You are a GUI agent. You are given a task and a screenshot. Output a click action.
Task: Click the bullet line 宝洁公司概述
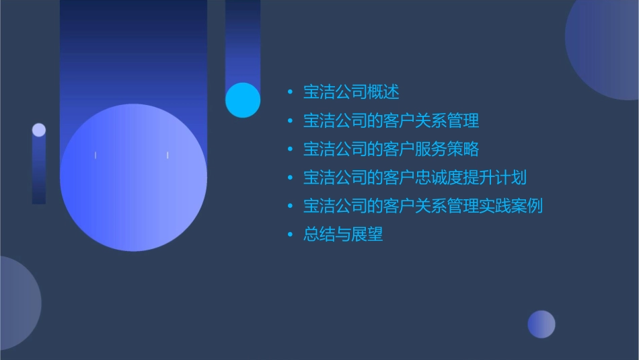[351, 92]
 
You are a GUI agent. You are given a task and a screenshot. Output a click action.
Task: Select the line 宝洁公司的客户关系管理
[391, 121]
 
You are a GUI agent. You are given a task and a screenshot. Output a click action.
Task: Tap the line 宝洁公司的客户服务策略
[391, 149]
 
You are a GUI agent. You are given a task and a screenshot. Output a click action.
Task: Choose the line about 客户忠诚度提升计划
[414, 178]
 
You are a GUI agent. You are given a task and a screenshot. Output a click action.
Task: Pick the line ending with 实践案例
[422, 206]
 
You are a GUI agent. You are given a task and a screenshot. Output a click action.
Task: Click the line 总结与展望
[343, 234]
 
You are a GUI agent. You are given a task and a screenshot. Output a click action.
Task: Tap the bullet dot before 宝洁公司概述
[290, 92]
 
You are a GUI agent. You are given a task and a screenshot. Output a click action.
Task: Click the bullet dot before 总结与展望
[290, 235]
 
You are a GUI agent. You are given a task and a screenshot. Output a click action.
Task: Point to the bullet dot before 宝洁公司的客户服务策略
[290, 149]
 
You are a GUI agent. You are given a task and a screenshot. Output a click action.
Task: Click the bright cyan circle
[243, 100]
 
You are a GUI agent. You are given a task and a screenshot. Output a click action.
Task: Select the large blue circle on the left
[133, 178]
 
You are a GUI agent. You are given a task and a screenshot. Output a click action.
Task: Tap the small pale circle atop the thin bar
[39, 130]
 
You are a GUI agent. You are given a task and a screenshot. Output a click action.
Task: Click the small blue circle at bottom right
[541, 324]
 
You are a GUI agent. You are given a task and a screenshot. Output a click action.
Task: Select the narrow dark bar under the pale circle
[39, 172]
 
